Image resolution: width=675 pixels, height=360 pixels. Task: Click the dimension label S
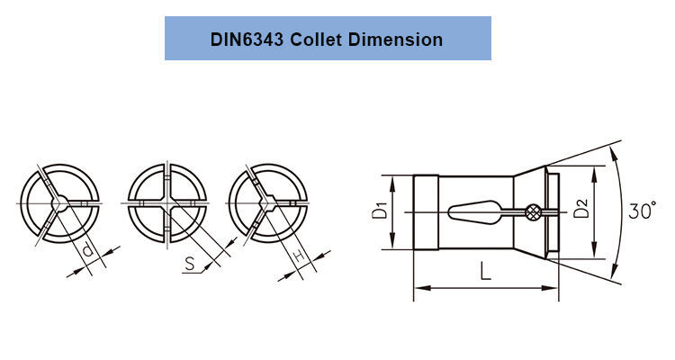pyautogui.click(x=191, y=265)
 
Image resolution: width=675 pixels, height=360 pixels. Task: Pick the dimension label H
pyautogui.click(x=299, y=259)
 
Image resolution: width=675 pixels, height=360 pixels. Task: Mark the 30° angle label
pyautogui.click(x=643, y=212)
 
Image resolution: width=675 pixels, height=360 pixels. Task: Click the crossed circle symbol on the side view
pyautogui.click(x=534, y=212)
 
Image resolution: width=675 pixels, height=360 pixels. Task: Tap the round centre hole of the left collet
pyautogui.click(x=59, y=204)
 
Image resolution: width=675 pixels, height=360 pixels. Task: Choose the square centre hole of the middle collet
pyautogui.click(x=168, y=204)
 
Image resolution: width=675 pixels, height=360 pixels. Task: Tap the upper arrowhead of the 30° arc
pyautogui.click(x=614, y=149)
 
